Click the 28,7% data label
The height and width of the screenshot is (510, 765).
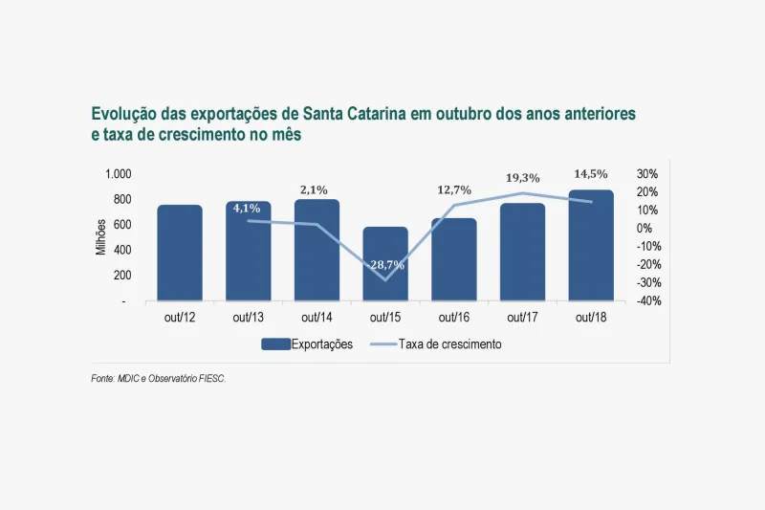pyautogui.click(x=385, y=264)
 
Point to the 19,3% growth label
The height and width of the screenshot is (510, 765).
pyautogui.click(x=523, y=178)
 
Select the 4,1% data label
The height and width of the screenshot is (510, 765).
pyautogui.click(x=247, y=208)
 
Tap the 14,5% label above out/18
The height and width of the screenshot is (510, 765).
pyautogui.click(x=591, y=174)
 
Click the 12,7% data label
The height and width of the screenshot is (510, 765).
pyautogui.click(x=454, y=189)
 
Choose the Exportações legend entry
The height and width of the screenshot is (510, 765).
pyautogui.click(x=307, y=344)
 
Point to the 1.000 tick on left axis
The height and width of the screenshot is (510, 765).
pyautogui.click(x=120, y=174)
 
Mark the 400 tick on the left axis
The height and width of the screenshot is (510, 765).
pyautogui.click(x=124, y=250)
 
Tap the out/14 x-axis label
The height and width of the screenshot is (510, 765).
pyautogui.click(x=317, y=318)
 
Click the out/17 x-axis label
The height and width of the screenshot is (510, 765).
pyautogui.click(x=522, y=318)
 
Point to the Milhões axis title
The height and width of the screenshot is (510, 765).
pyautogui.click(x=101, y=236)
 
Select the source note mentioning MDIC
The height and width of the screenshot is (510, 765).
pyautogui.click(x=159, y=379)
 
